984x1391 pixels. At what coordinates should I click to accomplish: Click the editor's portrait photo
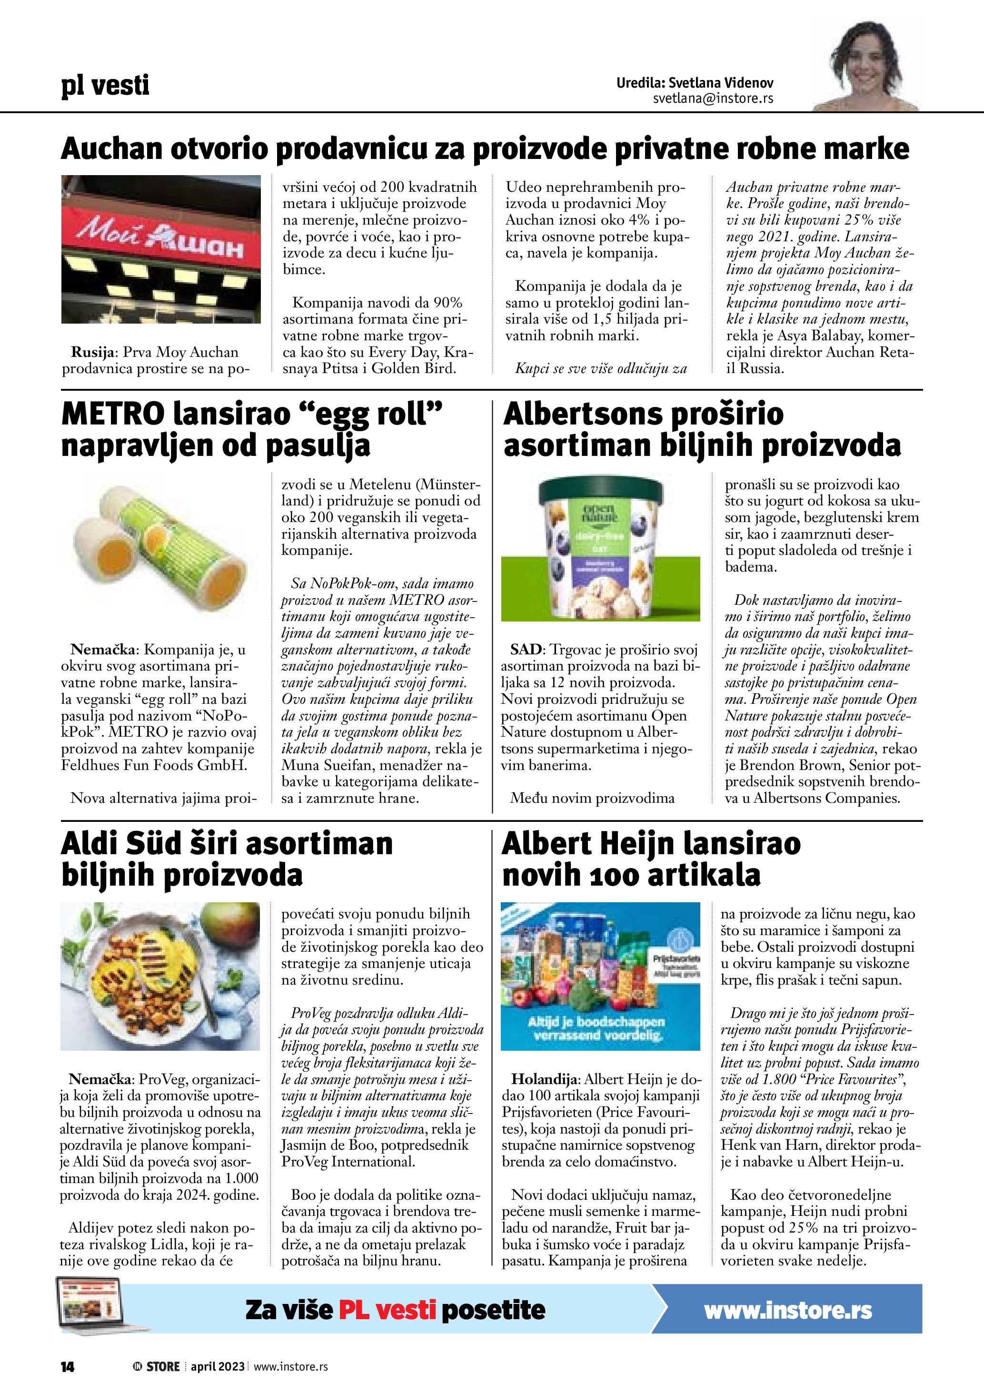pos(866,67)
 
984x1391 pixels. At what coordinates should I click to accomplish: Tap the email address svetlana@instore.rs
pos(713,98)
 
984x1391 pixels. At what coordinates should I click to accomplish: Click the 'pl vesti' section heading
pos(105,85)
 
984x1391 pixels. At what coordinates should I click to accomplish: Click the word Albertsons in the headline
pos(582,414)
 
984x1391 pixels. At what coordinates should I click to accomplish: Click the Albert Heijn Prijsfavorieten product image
pos(600,976)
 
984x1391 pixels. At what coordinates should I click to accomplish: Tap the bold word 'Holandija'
pos(546,1079)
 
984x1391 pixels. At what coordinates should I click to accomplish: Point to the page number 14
pos(67,1367)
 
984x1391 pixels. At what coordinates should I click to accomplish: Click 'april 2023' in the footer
pos(218,1367)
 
